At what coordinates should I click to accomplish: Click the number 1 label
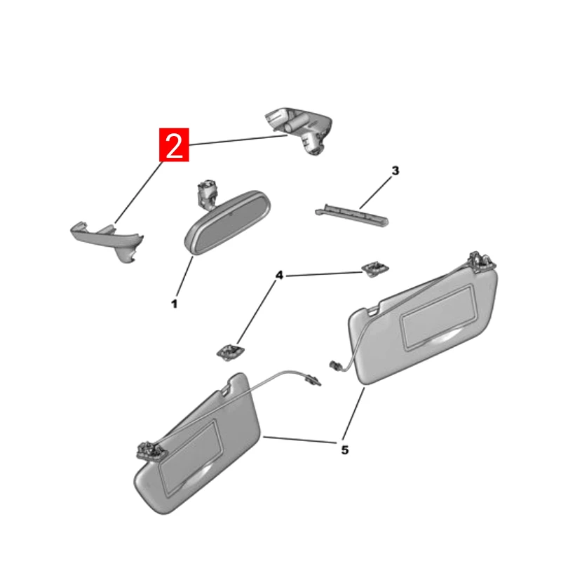174,304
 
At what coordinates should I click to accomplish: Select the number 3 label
395,170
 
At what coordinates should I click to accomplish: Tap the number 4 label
279,276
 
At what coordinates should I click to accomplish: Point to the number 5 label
344,450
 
